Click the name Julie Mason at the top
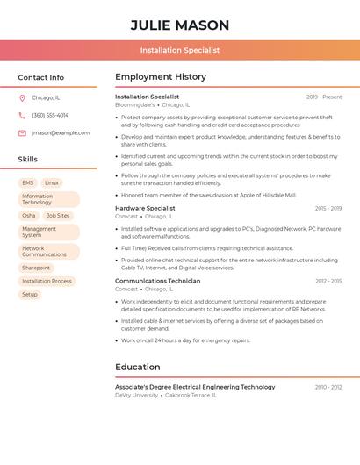[179, 25]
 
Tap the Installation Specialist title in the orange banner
[179, 50]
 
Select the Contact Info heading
[40, 77]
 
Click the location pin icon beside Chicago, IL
[22, 97]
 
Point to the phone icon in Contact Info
[22, 115]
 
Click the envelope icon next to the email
[22, 133]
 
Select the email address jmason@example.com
[61, 133]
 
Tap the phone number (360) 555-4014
[50, 115]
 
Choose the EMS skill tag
[28, 182]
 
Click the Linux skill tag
[52, 182]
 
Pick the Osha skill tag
[29, 215]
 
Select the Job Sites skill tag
[58, 215]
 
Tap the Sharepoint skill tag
[36, 268]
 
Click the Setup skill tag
[30, 294]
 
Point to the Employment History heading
[161, 77]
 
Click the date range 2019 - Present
[324, 97]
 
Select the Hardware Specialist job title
[145, 208]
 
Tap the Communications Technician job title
[157, 281]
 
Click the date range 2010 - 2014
[328, 387]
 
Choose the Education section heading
[138, 367]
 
